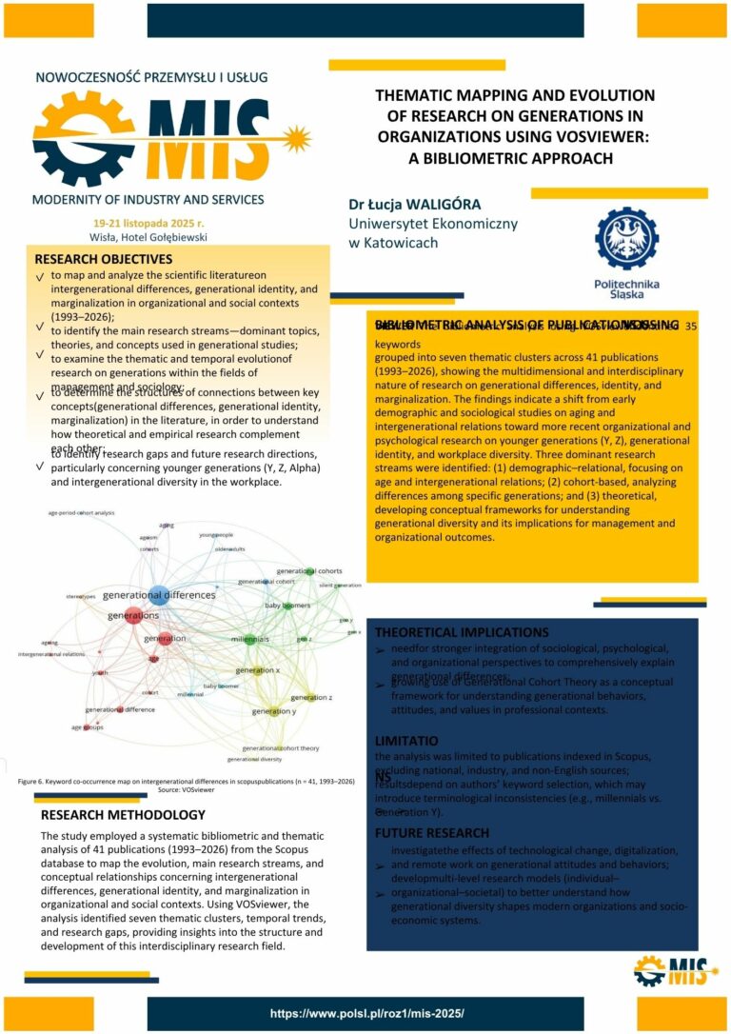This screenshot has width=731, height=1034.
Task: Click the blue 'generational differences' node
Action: pos(159,595)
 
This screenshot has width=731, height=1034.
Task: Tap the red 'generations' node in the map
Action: pos(134,615)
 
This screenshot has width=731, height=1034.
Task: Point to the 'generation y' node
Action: pos(275,710)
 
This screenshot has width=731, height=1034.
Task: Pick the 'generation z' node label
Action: pos(317,698)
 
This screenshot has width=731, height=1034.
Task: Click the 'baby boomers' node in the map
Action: pos(287,606)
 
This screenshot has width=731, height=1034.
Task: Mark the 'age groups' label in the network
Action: pos(88,727)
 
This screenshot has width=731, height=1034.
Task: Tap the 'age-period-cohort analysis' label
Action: pos(81,512)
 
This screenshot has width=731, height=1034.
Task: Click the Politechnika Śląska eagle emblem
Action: pos(625,239)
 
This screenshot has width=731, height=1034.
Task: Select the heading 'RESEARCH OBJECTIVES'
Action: pos(104,258)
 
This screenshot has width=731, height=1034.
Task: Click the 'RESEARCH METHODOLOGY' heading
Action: pos(123,815)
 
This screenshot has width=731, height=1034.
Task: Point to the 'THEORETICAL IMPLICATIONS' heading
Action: pos(462,632)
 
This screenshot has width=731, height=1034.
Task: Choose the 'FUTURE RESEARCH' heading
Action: pos(432,833)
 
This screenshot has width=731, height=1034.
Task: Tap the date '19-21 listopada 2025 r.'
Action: pos(145,222)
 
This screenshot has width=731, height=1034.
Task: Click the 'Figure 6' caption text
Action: pos(187,781)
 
